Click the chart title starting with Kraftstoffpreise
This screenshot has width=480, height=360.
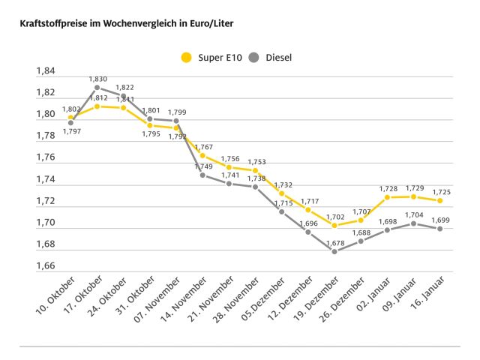click(120, 24)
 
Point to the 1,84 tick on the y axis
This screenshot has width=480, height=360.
click(46, 71)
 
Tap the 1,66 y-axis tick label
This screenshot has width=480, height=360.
click(46, 266)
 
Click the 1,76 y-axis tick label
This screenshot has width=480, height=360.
click(46, 157)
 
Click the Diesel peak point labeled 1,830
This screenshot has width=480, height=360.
click(97, 87)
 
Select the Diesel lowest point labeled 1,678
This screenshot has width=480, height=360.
click(334, 251)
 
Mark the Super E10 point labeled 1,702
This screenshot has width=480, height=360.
click(334, 225)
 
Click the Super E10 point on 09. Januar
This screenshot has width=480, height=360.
click(413, 196)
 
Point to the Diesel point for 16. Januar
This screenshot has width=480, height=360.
click(439, 229)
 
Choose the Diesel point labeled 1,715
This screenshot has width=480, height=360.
click(282, 211)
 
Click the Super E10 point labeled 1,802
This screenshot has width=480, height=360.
click(71, 118)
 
